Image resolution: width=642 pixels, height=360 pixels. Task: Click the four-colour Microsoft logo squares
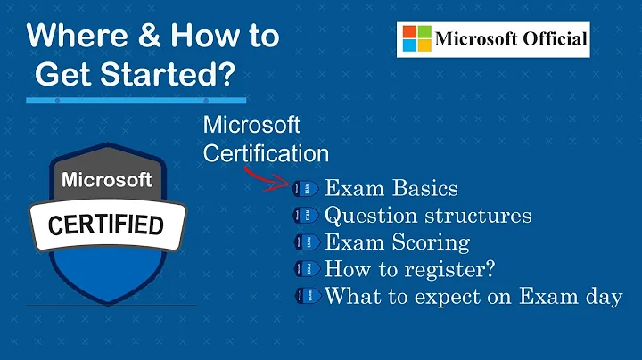416,39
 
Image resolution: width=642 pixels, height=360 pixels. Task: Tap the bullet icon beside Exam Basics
303,189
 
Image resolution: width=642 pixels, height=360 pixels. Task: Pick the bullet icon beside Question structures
303,216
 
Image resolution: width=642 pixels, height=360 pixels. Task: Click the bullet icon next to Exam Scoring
303,242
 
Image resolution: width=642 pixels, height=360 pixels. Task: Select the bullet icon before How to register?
303,269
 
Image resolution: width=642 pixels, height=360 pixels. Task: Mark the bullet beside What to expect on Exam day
303,297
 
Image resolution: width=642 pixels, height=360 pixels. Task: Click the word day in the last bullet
604,297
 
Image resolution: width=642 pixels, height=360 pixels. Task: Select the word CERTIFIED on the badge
105,225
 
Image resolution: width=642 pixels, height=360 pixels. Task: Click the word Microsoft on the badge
107,179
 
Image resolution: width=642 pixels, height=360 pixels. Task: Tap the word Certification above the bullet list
266,152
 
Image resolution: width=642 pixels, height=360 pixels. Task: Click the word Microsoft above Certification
251,124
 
